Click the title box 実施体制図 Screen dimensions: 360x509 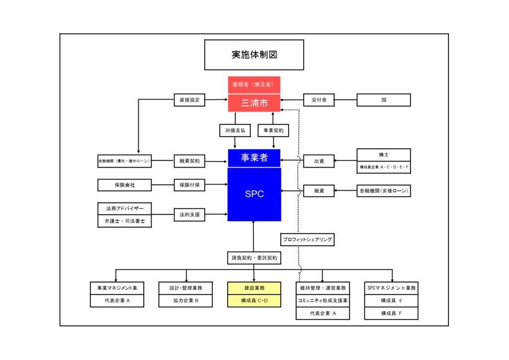(x=254, y=55)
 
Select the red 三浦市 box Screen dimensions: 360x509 (x=254, y=103)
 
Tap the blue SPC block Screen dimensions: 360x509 (x=254, y=194)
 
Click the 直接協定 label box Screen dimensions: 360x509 (x=189, y=100)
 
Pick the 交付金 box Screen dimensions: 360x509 (x=319, y=100)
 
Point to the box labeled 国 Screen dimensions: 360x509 (x=384, y=100)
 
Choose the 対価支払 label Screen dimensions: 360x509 (x=235, y=130)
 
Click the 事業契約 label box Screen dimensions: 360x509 (x=273, y=130)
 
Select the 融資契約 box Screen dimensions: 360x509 (x=189, y=161)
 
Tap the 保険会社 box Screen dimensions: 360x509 (x=124, y=185)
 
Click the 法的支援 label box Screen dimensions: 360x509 (x=189, y=215)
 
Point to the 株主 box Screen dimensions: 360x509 (x=384, y=155)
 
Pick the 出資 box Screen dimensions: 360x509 (x=319, y=161)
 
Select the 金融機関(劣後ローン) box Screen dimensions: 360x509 (x=384, y=191)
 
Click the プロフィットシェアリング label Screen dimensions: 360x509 (x=307, y=240)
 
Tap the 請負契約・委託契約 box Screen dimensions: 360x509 (x=254, y=258)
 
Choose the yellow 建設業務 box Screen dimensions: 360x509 (x=254, y=288)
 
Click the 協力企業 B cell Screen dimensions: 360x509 (x=186, y=300)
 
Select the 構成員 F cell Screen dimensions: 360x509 (x=391, y=313)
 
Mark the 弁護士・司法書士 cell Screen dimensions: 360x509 (x=124, y=221)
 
